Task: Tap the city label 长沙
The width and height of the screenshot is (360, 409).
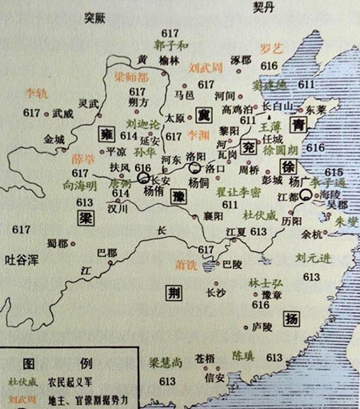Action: (217, 292)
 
